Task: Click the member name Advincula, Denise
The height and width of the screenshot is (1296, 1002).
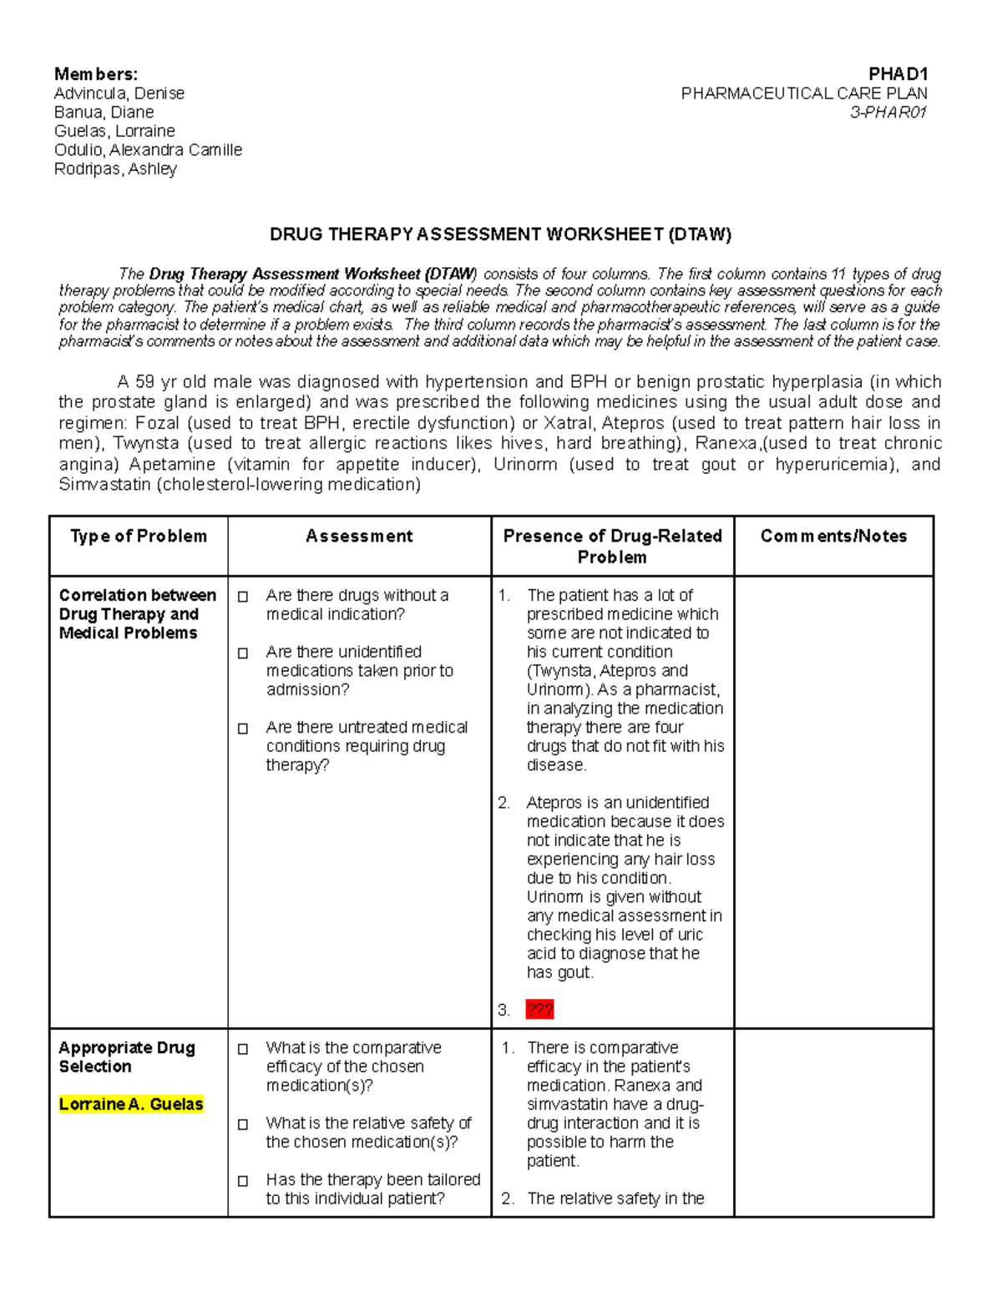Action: click(x=119, y=93)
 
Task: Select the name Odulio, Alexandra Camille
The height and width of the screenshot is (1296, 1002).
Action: click(x=148, y=150)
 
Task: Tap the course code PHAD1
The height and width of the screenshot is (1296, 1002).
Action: click(x=898, y=74)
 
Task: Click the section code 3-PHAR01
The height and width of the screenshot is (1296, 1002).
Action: click(x=888, y=113)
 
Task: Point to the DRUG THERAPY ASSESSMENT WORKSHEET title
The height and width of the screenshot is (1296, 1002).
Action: click(x=500, y=234)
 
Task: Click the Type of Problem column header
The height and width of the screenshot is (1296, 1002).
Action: click(x=139, y=537)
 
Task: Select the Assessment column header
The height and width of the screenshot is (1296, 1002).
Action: click(x=359, y=537)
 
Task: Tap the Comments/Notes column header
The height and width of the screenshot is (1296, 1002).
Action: click(x=833, y=537)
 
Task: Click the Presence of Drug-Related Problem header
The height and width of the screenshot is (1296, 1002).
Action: click(x=612, y=547)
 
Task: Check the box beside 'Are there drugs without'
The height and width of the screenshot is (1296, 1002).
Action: click(x=243, y=597)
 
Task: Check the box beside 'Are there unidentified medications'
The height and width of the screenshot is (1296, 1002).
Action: click(x=243, y=653)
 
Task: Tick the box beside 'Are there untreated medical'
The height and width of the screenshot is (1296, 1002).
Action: click(x=243, y=729)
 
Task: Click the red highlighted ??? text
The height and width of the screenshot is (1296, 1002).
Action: click(x=539, y=1011)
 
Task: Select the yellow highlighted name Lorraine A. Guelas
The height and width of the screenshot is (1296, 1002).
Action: click(x=131, y=1105)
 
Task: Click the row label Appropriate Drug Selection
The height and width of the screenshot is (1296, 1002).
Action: click(x=126, y=1057)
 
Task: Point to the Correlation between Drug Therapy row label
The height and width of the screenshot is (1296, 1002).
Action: click(x=137, y=614)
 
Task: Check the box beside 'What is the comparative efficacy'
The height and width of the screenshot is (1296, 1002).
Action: click(x=243, y=1049)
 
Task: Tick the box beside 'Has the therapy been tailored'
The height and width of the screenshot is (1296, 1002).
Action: click(x=243, y=1181)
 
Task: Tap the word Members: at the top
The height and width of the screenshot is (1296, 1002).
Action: click(x=96, y=74)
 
